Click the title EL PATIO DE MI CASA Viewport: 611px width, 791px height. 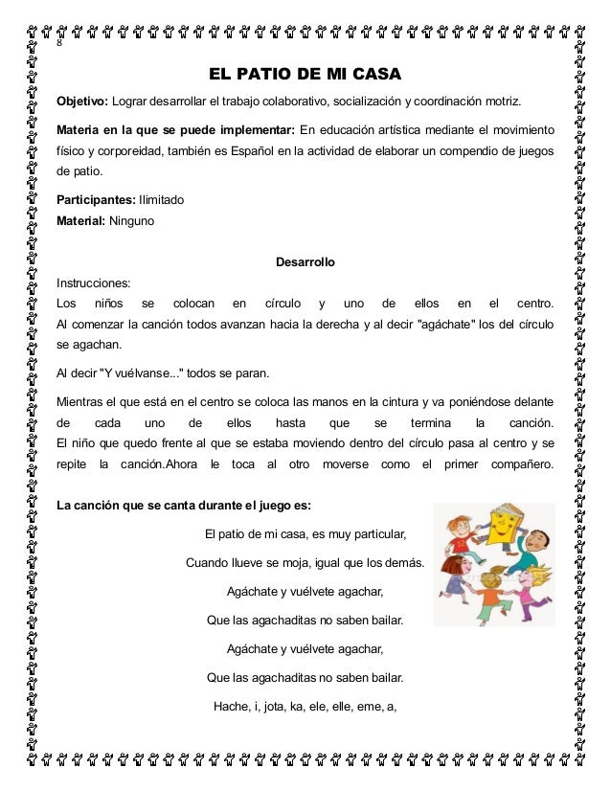[305, 74]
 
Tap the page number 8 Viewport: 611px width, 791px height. [59, 44]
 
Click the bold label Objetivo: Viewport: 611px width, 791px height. [82, 102]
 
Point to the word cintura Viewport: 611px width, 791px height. [439, 401]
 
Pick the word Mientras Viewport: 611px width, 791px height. [84, 401]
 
